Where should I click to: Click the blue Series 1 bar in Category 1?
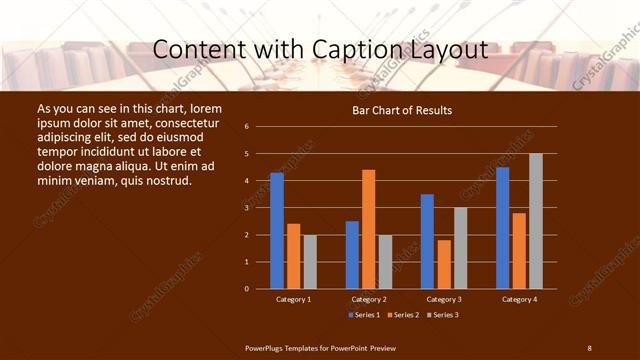(x=277, y=231)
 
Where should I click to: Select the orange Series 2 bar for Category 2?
(x=368, y=229)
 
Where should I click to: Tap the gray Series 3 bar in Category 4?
(x=535, y=221)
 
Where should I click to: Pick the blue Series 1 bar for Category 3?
(x=427, y=241)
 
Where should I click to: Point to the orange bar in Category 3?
(x=443, y=264)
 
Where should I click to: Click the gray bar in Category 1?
(x=310, y=262)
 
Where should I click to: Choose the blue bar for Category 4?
(x=502, y=228)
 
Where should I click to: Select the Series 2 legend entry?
(x=404, y=315)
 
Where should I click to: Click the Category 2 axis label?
(x=368, y=299)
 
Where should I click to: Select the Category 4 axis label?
(x=518, y=299)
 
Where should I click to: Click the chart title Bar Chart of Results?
(x=402, y=110)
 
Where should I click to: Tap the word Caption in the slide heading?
(x=326, y=50)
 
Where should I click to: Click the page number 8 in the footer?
(x=589, y=347)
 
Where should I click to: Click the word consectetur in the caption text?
(x=184, y=121)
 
